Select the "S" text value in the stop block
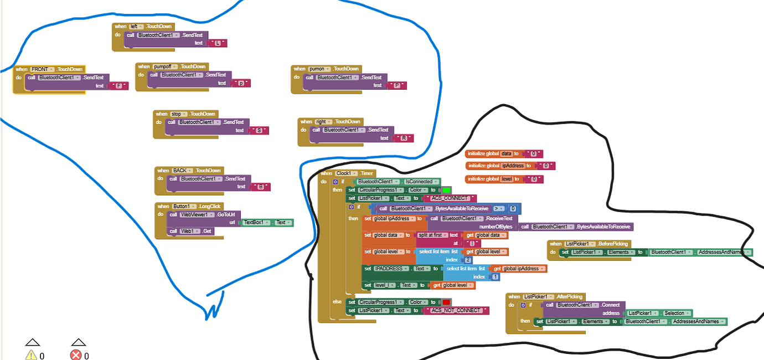click(259, 131)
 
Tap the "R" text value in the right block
click(404, 138)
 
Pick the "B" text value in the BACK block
click(261, 187)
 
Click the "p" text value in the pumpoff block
click(241, 83)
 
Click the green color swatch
click(447, 190)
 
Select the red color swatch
click(446, 302)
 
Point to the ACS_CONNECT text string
click(449, 198)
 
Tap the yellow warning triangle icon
click(31, 355)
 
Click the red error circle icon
click(76, 355)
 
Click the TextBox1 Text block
click(268, 223)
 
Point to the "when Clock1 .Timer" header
click(348, 173)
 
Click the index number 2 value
click(468, 260)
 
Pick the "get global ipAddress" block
click(519, 269)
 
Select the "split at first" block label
click(430, 235)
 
